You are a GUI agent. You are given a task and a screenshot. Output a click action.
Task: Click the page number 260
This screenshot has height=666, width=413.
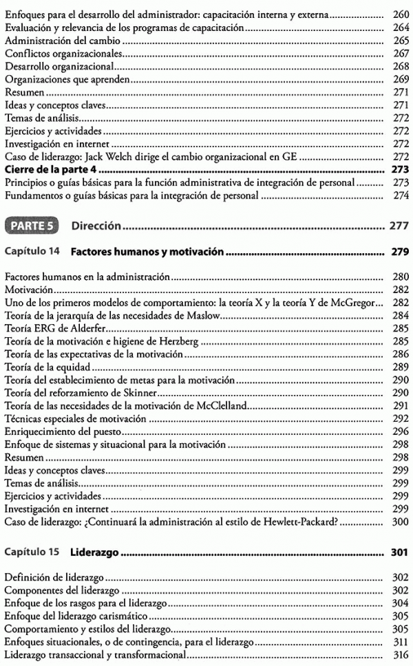400,14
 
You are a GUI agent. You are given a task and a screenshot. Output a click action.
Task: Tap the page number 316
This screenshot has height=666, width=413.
400,655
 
